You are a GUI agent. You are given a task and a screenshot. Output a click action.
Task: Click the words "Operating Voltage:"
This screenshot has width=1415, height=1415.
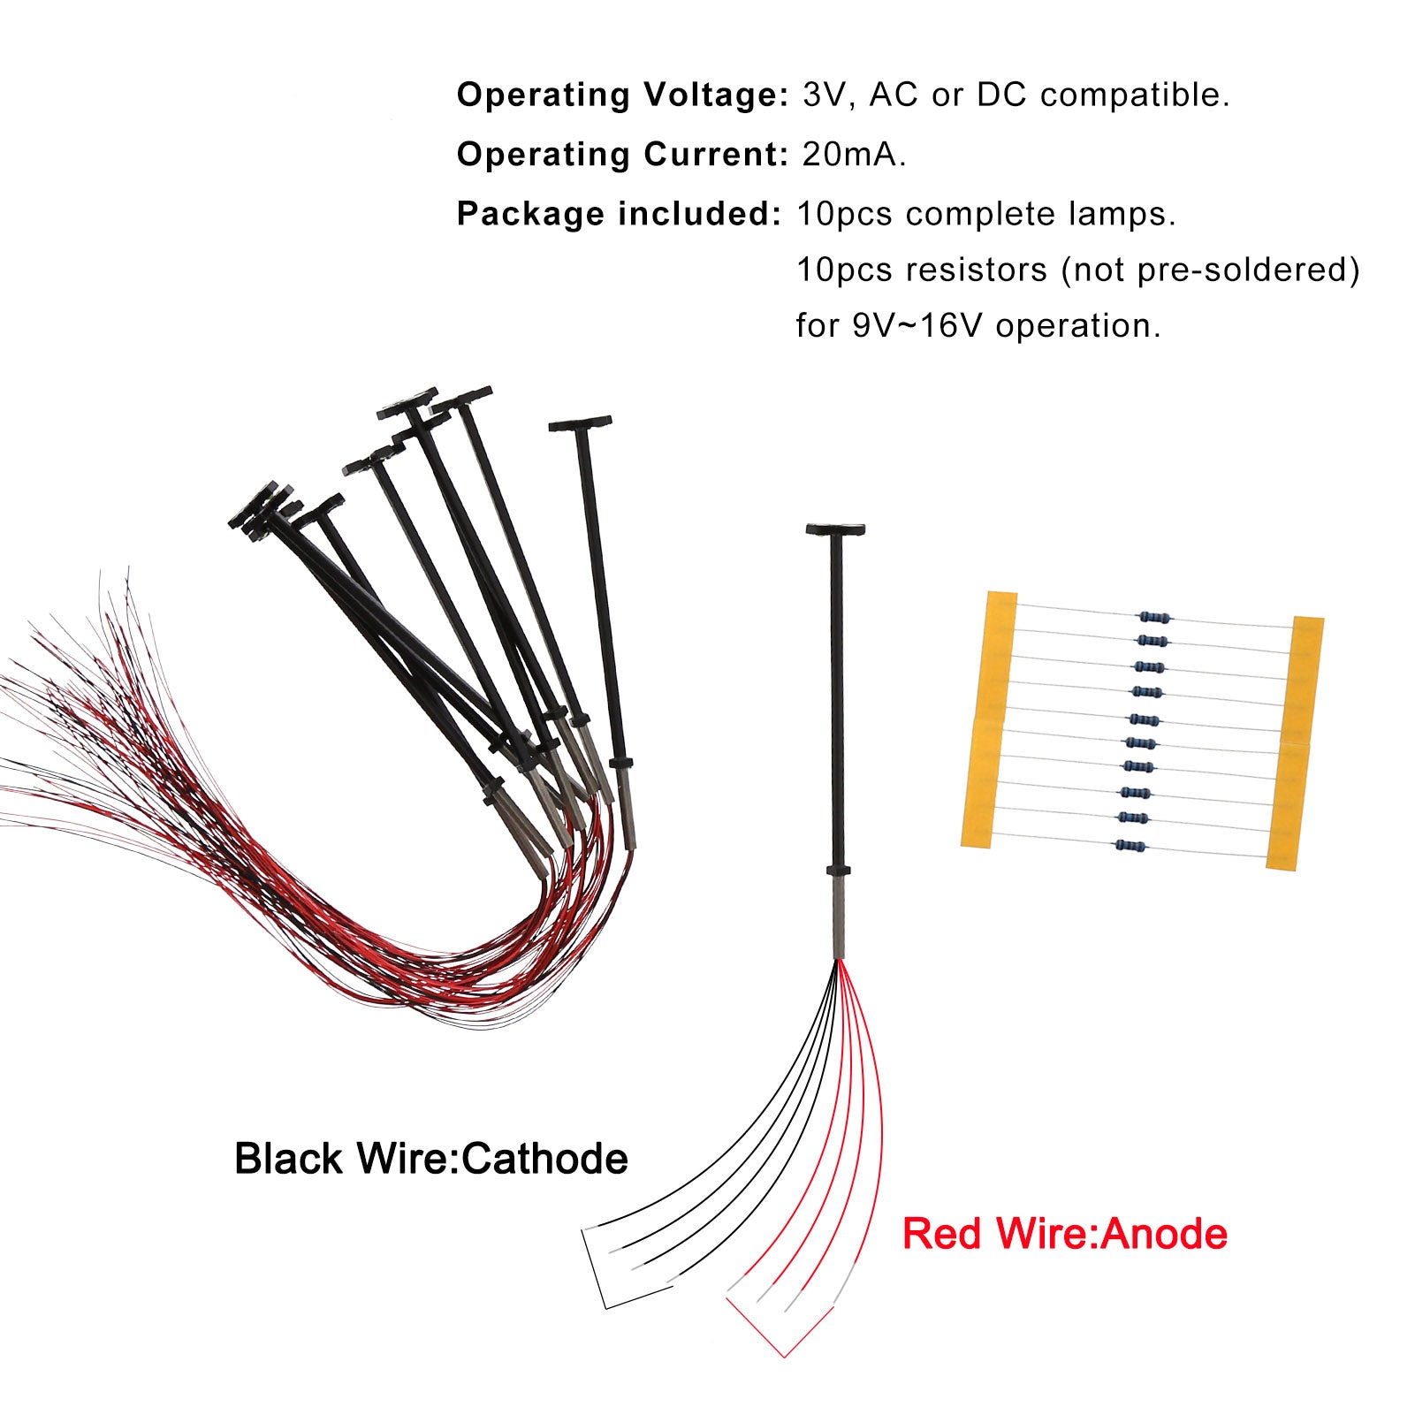pos(621,95)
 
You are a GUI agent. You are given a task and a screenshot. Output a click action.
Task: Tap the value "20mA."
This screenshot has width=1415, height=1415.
pos(854,155)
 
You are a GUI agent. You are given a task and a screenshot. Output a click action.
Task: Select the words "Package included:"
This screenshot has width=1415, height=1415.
pos(619,214)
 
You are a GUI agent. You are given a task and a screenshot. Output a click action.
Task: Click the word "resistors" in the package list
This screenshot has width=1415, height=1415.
pos(975,270)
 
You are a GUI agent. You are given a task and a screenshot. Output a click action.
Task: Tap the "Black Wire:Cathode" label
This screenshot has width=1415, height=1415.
pos(431,1159)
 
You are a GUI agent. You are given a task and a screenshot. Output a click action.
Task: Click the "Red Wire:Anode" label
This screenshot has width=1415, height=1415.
pos(1064,1234)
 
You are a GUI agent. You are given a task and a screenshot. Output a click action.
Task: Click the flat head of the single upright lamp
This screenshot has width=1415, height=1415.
pos(835,530)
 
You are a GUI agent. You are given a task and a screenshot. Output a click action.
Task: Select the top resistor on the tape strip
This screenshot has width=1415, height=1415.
pos(1154,617)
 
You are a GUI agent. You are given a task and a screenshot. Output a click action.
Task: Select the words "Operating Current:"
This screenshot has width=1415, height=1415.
pos(621,155)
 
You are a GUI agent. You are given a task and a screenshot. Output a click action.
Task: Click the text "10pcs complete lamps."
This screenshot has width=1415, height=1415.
pos(986,214)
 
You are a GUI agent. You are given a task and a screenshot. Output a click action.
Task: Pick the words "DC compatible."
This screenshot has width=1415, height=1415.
pos(1102,95)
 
